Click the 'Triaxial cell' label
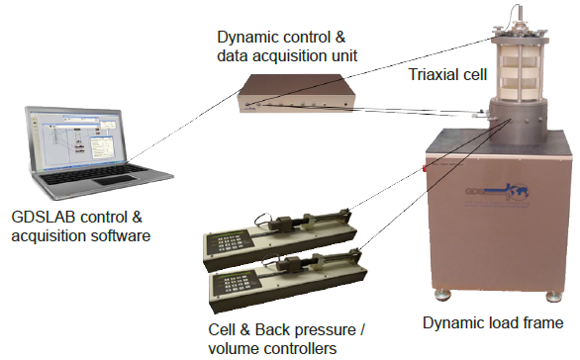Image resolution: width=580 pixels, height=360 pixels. coord(447,74)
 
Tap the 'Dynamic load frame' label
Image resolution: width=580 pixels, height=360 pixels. coord(493,322)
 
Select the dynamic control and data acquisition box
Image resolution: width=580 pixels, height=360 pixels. coord(297,93)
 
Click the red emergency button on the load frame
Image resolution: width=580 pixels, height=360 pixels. coord(425,169)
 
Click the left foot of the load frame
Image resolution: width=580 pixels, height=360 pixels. coord(442,294)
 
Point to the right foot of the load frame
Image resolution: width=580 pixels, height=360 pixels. coord(553,297)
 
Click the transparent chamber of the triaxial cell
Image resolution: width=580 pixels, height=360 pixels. coord(518,69)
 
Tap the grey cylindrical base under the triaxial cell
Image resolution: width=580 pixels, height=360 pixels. coord(518,121)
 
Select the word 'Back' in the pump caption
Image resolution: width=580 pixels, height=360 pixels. coord(270,329)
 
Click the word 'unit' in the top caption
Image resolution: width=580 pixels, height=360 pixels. coord(344,56)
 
